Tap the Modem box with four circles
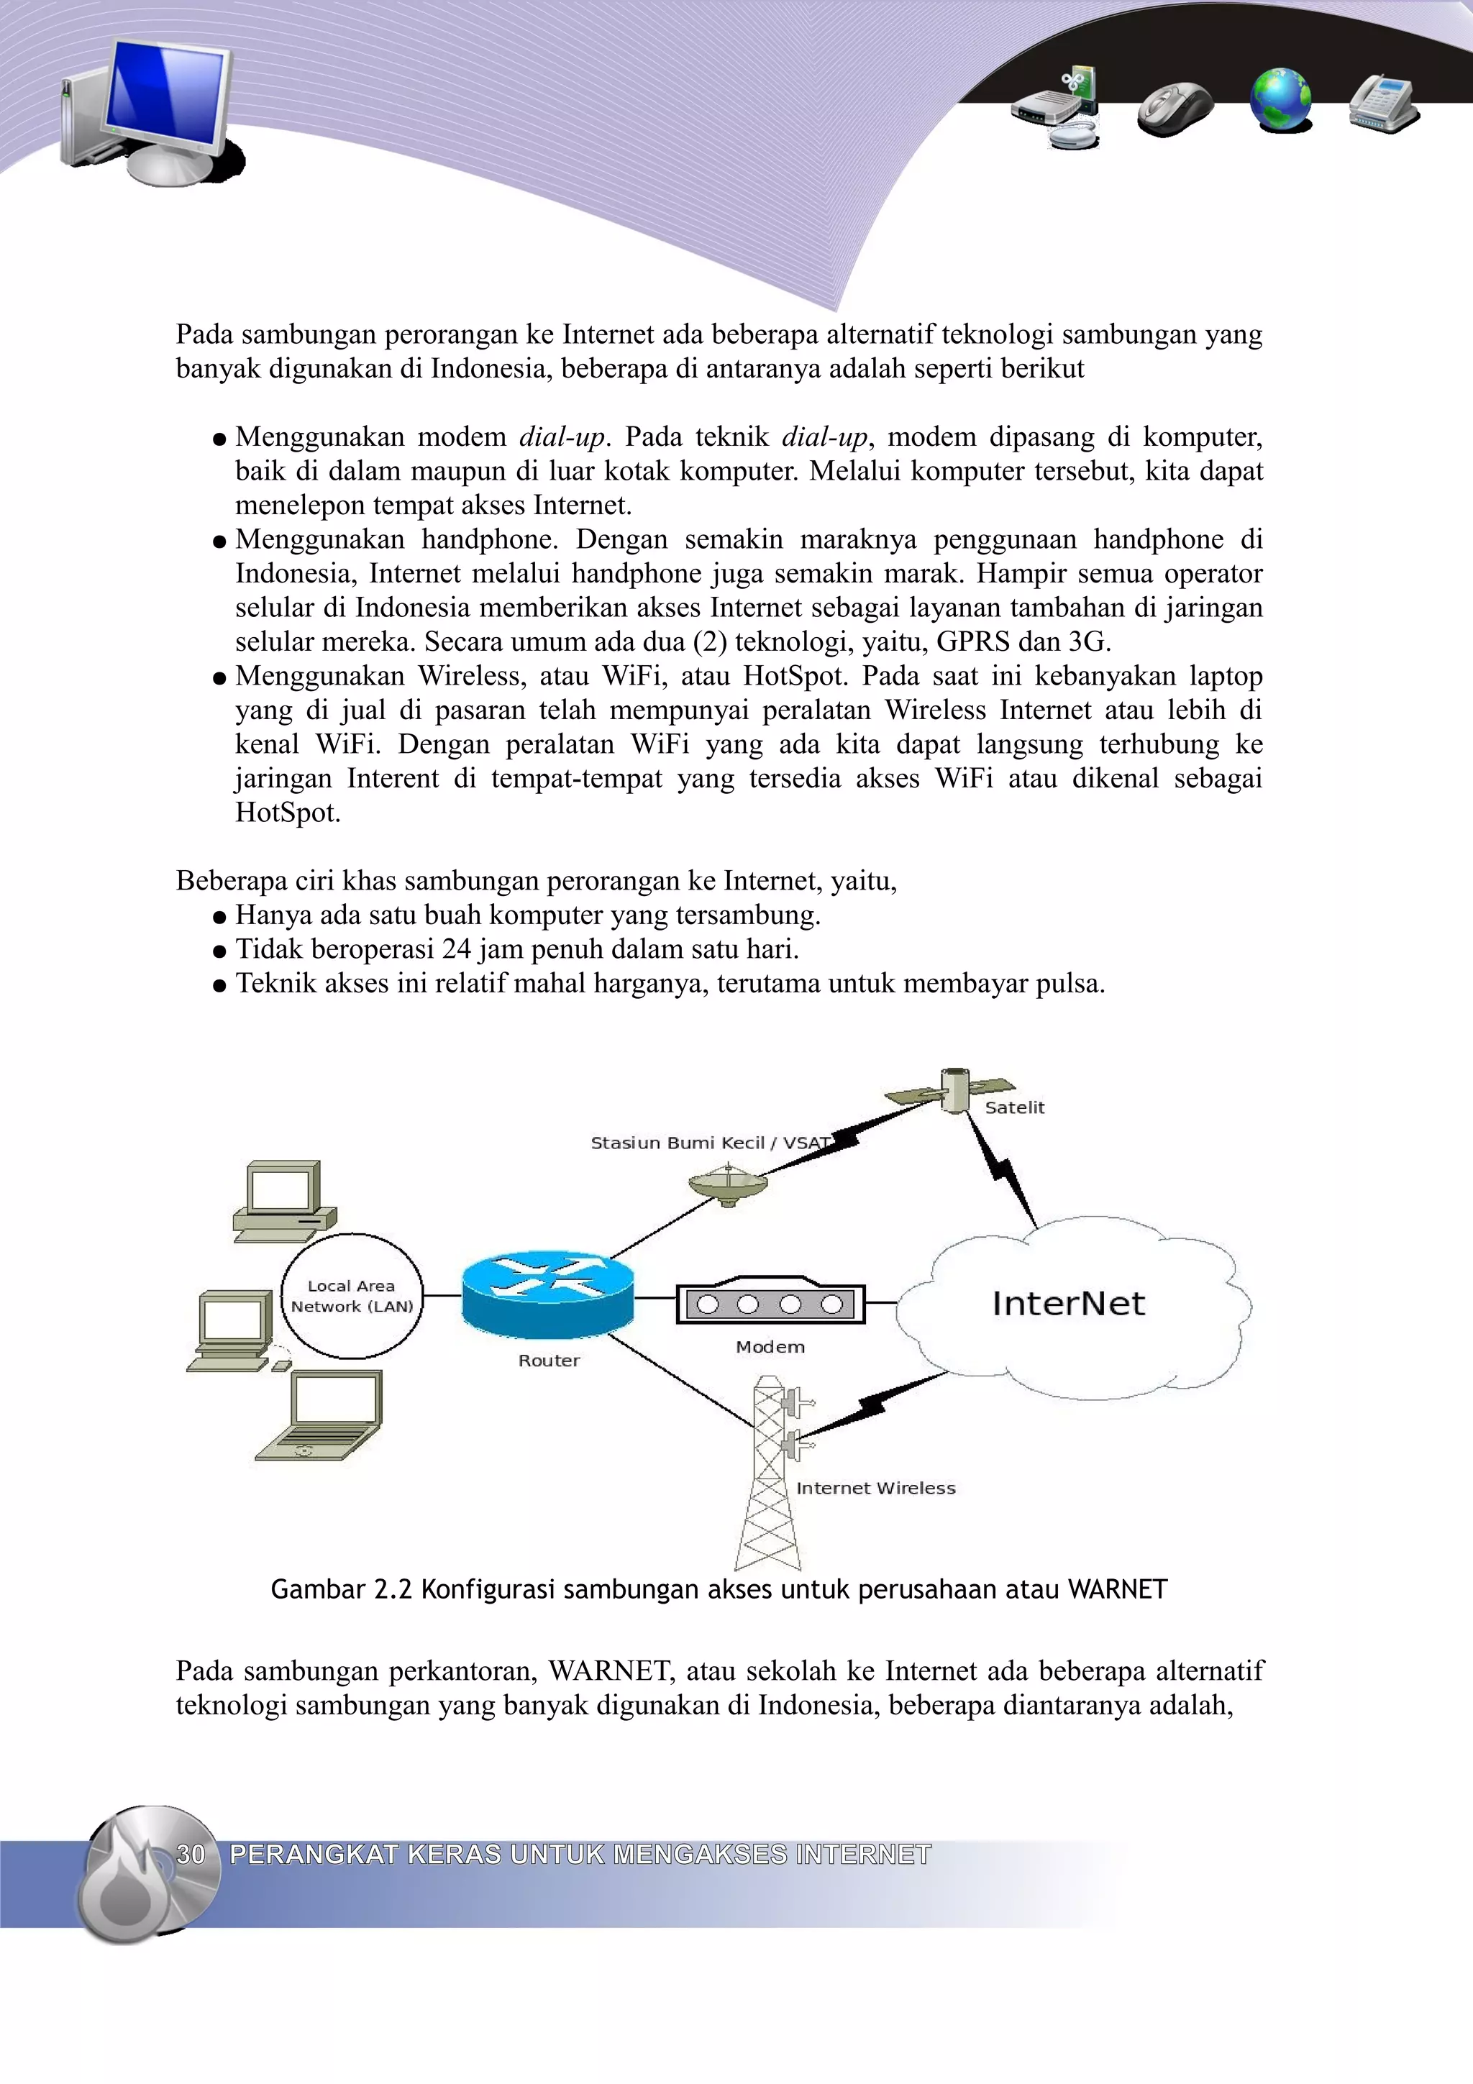point(770,1304)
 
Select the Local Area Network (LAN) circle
point(352,1296)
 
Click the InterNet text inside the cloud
point(1068,1304)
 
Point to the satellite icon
point(952,1090)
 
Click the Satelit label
point(1015,1107)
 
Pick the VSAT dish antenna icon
point(728,1185)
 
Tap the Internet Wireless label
point(876,1488)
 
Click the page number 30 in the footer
point(191,1853)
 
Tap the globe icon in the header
point(1280,100)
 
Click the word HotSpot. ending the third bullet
point(288,813)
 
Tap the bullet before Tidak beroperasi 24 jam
point(219,951)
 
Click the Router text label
point(548,1361)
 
